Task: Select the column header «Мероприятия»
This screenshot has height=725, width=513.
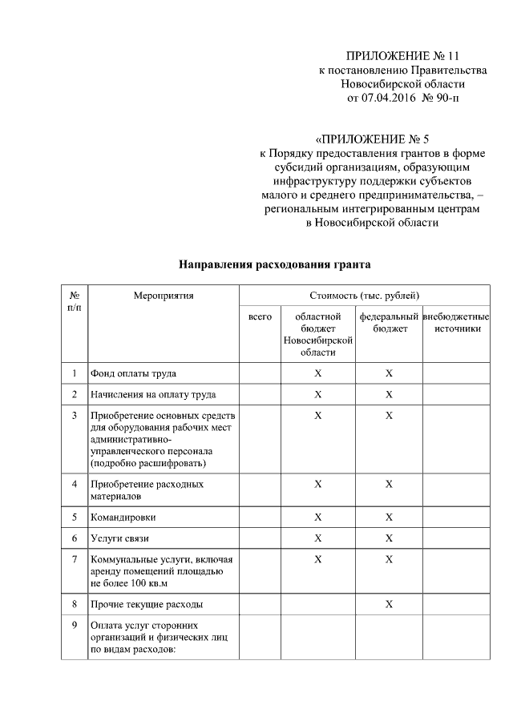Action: point(164,296)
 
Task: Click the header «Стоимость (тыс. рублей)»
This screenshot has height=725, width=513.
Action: point(365,296)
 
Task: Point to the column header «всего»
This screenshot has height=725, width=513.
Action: point(260,317)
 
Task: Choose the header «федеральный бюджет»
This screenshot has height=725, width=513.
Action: point(389,323)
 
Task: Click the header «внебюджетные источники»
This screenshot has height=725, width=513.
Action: point(456,323)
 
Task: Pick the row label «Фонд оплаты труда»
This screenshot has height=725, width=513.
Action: point(134,373)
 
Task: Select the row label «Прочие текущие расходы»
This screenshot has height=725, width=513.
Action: point(147,603)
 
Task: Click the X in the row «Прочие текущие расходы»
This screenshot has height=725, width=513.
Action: point(389,603)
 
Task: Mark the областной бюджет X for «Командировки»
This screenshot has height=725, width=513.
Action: point(317,517)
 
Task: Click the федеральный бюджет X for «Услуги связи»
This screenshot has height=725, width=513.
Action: point(389,538)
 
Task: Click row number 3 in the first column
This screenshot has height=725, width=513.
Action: point(74,415)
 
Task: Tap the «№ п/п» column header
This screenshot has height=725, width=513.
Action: point(74,301)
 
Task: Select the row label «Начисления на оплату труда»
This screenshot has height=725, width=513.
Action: point(153,394)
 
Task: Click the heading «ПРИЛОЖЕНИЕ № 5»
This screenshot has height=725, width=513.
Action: point(374,138)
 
